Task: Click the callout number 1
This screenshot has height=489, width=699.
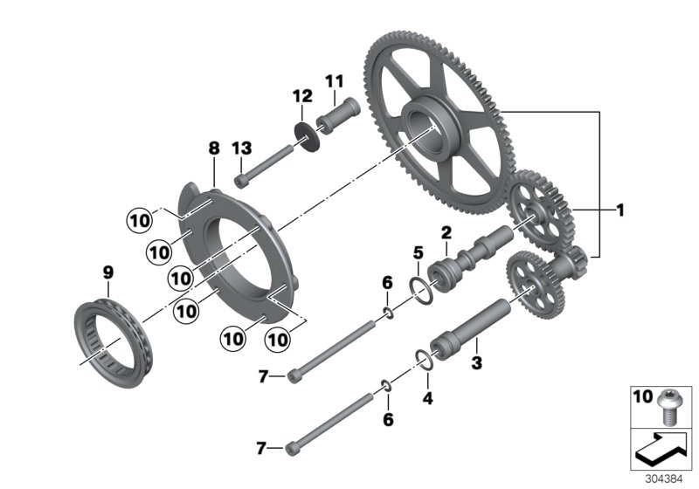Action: point(619,210)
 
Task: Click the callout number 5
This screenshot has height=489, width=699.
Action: point(418,253)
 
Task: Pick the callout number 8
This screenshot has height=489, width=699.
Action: point(212,149)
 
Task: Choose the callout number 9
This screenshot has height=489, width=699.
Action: point(107,273)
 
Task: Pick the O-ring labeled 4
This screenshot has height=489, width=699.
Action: point(423,360)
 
